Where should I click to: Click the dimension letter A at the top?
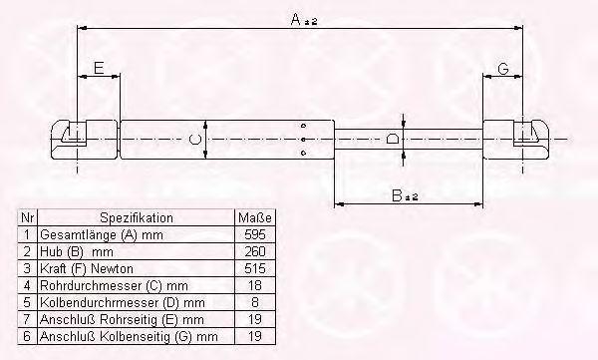296,19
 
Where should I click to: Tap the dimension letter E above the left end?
99,68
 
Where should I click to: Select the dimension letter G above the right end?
503,69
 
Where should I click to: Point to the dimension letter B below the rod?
398,195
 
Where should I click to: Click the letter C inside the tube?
195,139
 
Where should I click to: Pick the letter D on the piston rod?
393,139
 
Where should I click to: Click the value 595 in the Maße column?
255,234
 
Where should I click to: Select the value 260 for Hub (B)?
255,251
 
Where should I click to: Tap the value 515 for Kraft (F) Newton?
255,268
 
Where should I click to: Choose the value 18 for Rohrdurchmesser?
255,285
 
